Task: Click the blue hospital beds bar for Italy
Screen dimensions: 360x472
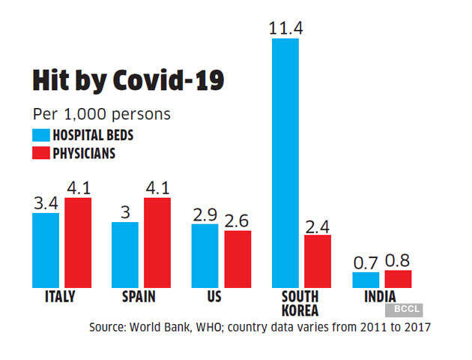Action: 46,250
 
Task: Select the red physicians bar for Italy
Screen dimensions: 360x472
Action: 78,242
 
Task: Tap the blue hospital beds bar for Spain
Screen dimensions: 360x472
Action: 125,254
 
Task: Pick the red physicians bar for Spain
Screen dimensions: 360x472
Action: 157,242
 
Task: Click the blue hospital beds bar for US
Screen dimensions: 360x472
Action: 205,255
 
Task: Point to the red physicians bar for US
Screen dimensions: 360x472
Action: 237,259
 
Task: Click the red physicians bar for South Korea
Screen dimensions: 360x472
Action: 317,261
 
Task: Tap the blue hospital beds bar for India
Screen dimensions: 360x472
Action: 366,280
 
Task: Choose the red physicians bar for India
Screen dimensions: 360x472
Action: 398,279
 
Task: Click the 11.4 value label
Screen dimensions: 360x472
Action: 285,28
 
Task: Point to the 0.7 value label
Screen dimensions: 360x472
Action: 366,262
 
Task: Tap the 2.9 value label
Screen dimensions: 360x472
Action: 205,214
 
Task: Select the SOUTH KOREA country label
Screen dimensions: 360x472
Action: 301,303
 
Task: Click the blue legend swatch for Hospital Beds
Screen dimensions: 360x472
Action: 40,136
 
